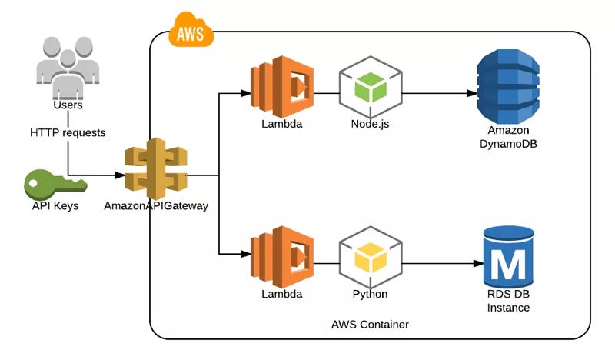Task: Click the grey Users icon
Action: (x=67, y=69)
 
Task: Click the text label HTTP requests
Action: (x=68, y=132)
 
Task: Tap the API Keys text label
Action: (x=56, y=207)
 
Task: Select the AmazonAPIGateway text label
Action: (x=156, y=207)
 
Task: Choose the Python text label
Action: (x=370, y=295)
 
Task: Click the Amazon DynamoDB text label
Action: (x=507, y=136)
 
